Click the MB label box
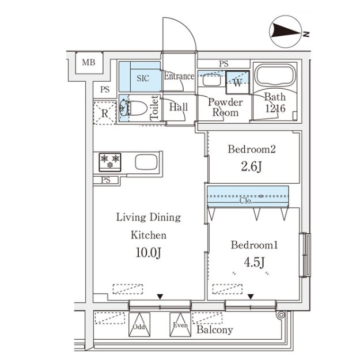point(88,63)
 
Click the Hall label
point(179,107)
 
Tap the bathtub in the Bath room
point(274,76)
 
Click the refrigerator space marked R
point(105,113)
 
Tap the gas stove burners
point(110,161)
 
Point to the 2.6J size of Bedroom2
point(252,168)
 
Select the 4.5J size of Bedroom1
point(254,263)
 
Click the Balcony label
point(214,330)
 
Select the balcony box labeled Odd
point(139,324)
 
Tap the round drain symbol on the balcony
point(281,315)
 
